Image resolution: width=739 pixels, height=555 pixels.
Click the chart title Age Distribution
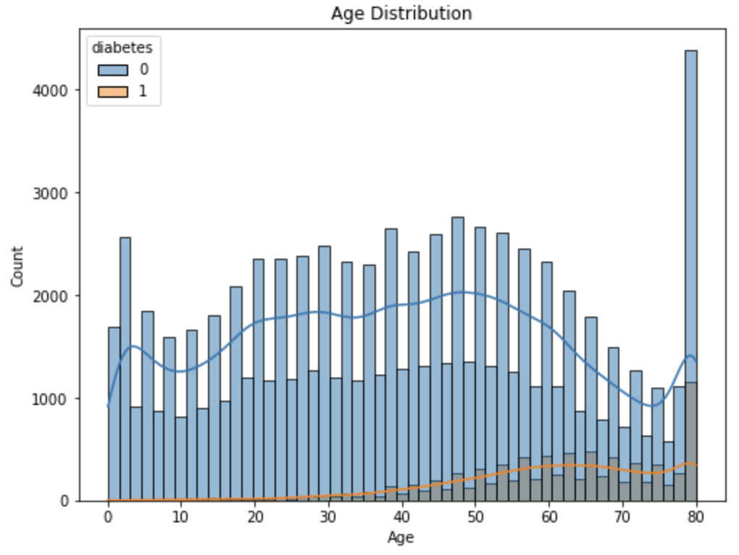(x=401, y=13)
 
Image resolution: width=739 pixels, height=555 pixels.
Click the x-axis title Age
(x=401, y=538)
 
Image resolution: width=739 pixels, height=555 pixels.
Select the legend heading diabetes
(x=121, y=47)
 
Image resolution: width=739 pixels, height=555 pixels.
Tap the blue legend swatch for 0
(x=113, y=70)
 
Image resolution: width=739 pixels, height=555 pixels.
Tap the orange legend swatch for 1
(x=113, y=91)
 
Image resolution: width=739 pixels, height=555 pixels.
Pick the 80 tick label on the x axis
(x=696, y=517)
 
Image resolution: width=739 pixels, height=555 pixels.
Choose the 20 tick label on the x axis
(x=255, y=517)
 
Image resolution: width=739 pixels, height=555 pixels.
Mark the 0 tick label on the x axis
(x=108, y=517)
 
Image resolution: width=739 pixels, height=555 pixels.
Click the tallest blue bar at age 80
(x=691, y=217)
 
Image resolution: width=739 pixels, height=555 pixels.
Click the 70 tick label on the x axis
(x=622, y=517)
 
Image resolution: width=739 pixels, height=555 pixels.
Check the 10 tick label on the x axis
(x=181, y=517)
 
